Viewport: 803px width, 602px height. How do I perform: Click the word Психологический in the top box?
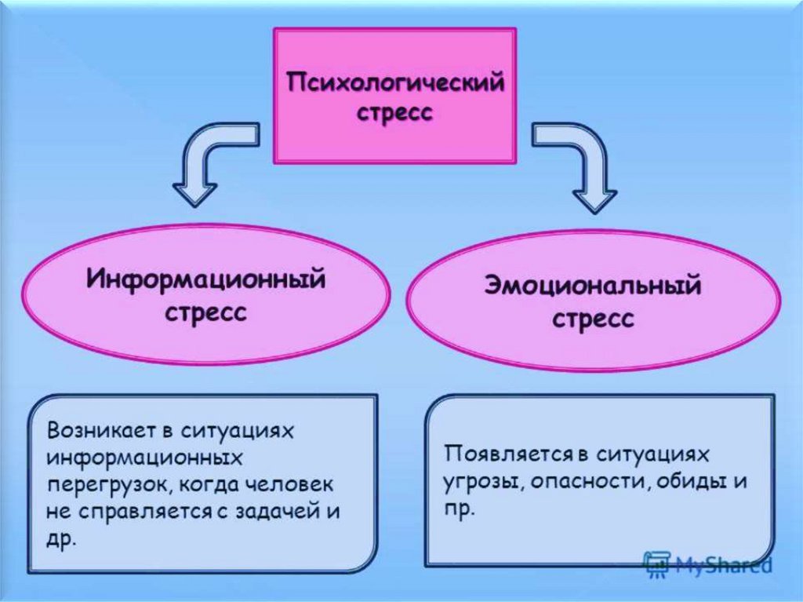tap(395, 82)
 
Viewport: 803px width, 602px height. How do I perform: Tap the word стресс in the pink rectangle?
tap(394, 112)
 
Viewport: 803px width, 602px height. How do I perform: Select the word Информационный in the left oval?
tap(206, 280)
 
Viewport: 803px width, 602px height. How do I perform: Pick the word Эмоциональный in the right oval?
tap(593, 285)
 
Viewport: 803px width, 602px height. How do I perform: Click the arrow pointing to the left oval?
tap(205, 154)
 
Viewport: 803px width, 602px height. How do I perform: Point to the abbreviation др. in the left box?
tap(61, 540)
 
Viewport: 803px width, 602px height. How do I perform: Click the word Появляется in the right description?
tap(507, 454)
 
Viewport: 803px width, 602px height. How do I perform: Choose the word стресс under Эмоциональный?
tap(593, 319)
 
